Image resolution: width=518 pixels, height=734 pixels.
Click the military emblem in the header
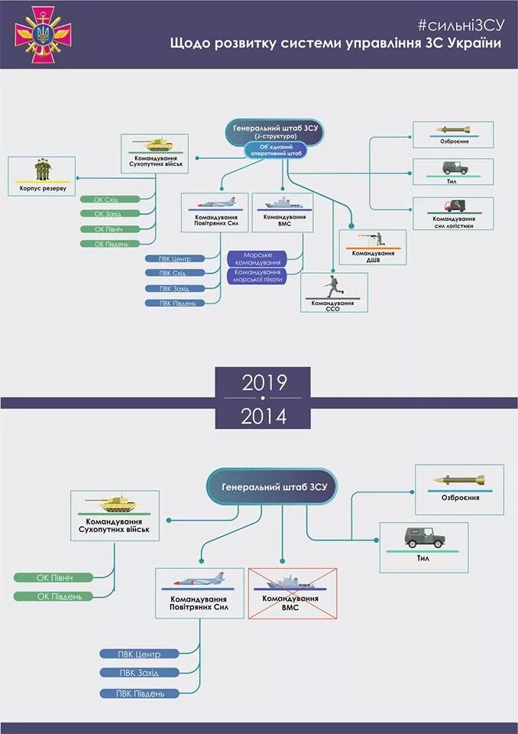pos(43,34)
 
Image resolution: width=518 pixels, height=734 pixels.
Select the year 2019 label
pos(264,383)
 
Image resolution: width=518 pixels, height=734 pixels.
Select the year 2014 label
pos(264,417)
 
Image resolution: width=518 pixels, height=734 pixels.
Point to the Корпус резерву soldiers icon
pos(42,170)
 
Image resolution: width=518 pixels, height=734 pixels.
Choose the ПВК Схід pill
pos(175,273)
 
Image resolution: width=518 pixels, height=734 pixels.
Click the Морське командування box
pos(257,258)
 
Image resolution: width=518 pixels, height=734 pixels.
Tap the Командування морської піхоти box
pos(257,275)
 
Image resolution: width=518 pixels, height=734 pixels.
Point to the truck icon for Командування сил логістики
pos(453,206)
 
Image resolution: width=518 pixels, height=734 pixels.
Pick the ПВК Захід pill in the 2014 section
pos(139,673)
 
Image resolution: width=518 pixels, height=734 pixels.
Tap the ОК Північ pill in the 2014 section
pos(54,576)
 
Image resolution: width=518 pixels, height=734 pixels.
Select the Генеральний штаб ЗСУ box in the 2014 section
pos(272,487)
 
